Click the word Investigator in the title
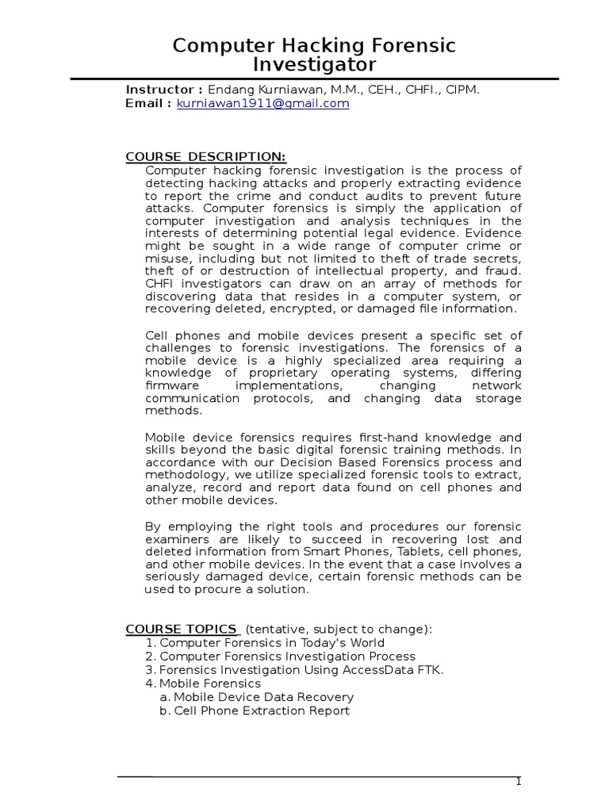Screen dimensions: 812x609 315,64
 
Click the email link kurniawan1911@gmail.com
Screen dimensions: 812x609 262,104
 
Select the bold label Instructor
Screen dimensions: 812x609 164,90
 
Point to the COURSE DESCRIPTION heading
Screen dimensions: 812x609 205,156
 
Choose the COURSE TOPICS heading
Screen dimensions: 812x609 181,630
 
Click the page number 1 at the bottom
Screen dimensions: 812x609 519,782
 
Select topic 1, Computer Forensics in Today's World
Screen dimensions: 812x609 272,643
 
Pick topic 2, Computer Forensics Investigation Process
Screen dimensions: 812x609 287,657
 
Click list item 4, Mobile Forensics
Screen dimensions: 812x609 209,684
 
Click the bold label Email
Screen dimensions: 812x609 147,104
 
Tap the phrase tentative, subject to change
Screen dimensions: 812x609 339,630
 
